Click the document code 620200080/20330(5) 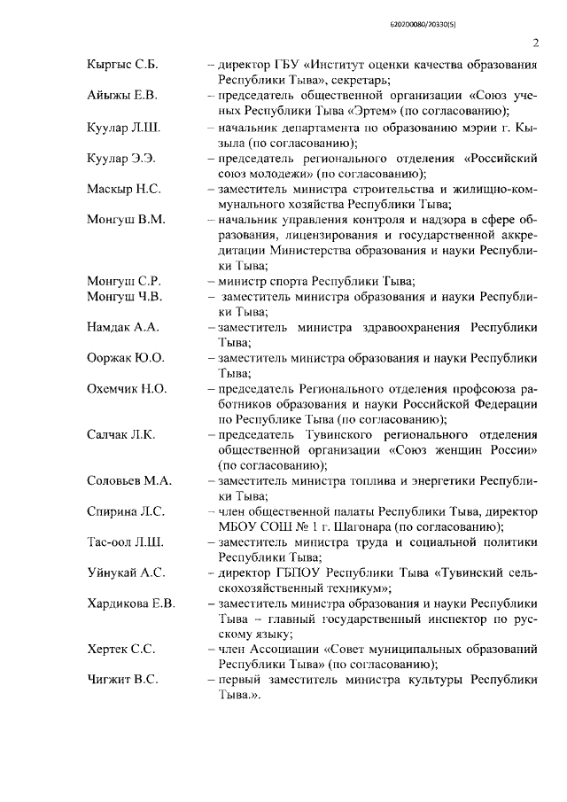501,11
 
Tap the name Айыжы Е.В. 120,95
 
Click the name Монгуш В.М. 126,219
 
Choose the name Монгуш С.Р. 123,282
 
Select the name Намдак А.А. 122,328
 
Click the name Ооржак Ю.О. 125,358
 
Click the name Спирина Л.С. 125,512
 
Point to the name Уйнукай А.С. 125,572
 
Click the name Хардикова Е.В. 130,603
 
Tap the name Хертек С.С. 121,650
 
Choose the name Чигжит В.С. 122,680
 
